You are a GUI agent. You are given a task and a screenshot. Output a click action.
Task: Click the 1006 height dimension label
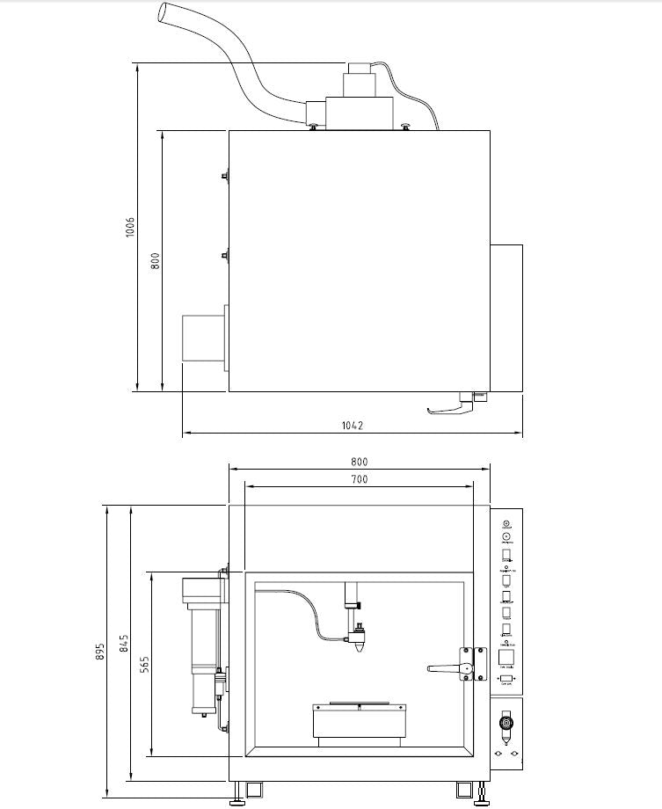(x=129, y=228)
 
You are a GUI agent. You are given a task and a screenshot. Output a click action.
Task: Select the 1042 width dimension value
(x=353, y=425)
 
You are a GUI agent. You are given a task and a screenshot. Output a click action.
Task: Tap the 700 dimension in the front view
(x=359, y=479)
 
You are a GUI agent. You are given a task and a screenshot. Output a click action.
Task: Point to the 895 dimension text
(x=100, y=652)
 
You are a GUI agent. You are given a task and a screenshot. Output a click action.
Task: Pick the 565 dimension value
(x=143, y=664)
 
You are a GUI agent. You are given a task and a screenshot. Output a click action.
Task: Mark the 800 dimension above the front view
(x=359, y=462)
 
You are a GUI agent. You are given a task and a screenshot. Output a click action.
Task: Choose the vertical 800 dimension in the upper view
(x=155, y=261)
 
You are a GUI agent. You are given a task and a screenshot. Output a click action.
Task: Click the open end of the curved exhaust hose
(x=164, y=12)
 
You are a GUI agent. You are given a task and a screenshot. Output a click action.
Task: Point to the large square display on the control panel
(x=506, y=657)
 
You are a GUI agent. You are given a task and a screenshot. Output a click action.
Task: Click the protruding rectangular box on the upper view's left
(x=203, y=338)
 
